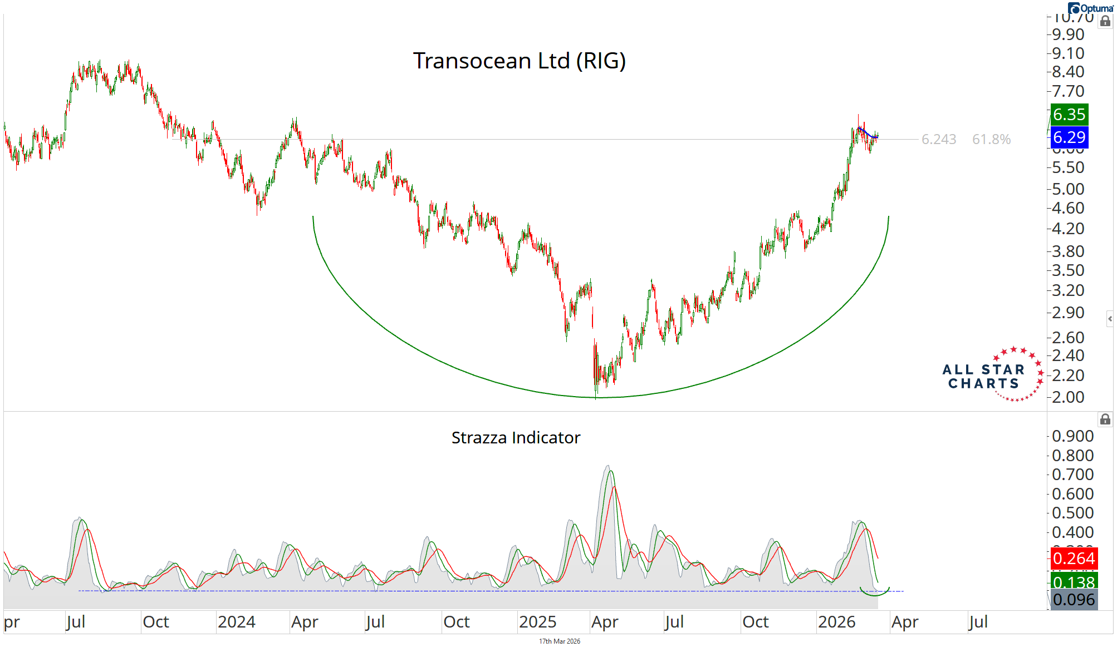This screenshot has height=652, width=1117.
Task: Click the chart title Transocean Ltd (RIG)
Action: [519, 61]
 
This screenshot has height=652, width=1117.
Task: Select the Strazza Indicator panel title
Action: [516, 438]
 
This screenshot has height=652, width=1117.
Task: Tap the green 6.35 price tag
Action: [1069, 115]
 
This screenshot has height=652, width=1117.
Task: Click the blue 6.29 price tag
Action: [1069, 137]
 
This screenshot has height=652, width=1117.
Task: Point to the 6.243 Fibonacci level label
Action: [939, 139]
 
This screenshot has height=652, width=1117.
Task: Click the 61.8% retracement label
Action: [991, 139]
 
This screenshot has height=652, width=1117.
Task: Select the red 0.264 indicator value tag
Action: [1074, 558]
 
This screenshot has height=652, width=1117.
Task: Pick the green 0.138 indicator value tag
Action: [1074, 582]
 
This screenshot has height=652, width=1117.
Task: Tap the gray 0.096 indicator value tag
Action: [1074, 600]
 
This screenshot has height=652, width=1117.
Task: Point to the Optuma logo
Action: [1091, 8]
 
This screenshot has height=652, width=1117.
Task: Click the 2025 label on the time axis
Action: [537, 622]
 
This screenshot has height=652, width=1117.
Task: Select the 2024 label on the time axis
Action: [237, 622]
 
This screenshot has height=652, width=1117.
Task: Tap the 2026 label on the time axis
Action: [836, 622]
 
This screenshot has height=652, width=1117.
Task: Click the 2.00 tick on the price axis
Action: [1068, 397]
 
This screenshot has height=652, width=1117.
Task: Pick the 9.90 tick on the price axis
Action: [1068, 34]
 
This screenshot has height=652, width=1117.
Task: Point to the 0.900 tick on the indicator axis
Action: [1072, 436]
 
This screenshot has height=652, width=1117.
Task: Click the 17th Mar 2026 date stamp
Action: [559, 641]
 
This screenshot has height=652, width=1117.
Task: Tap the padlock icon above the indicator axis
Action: [1105, 419]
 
